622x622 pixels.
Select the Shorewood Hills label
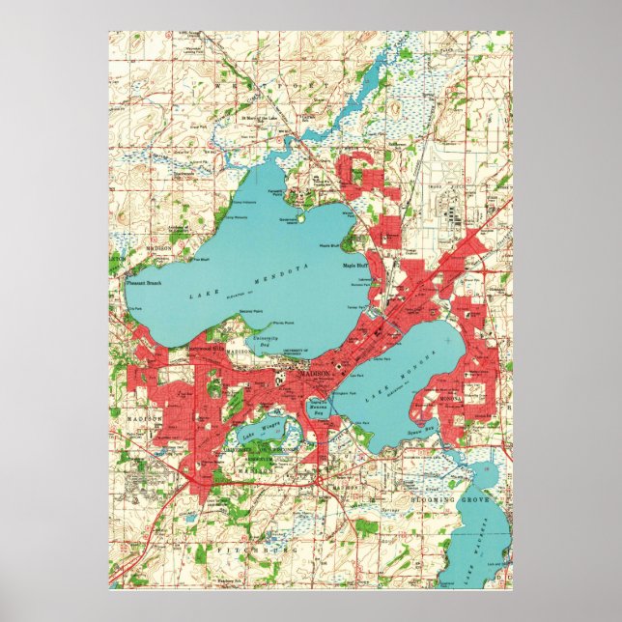(204, 346)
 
